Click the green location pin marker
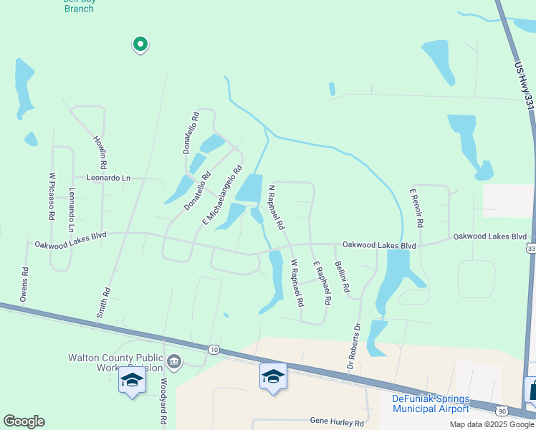(140, 45)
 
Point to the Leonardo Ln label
(109, 178)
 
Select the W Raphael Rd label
(296, 282)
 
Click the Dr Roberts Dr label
(354, 345)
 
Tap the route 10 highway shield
(214, 349)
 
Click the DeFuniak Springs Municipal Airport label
(431, 403)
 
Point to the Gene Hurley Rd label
(337, 422)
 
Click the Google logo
(24, 421)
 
